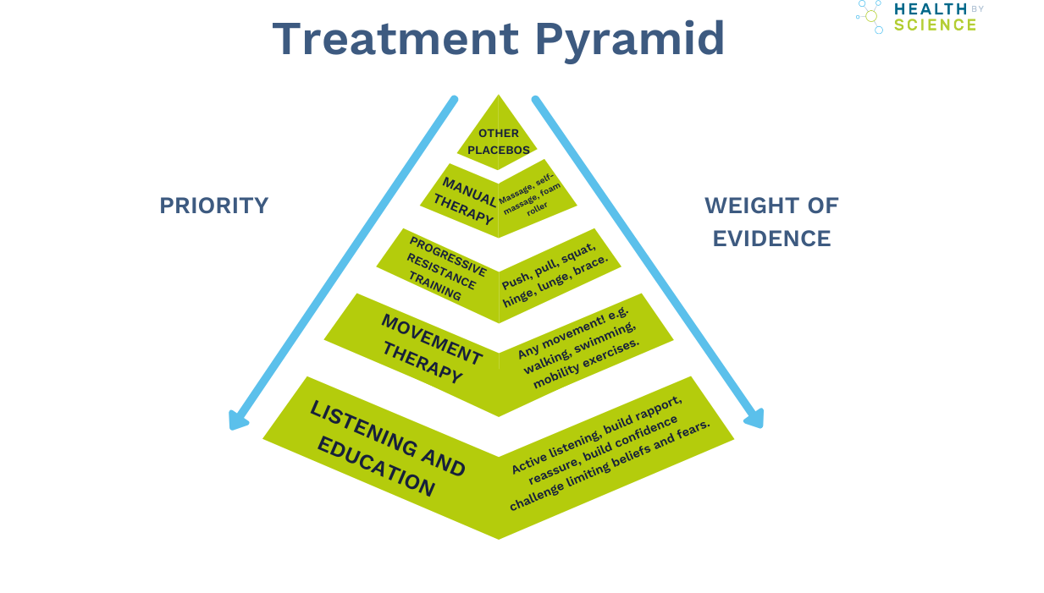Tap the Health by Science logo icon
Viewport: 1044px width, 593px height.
870,16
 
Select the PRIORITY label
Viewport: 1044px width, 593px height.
214,206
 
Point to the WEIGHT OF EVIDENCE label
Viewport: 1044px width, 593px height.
771,222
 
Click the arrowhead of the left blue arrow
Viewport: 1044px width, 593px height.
238,420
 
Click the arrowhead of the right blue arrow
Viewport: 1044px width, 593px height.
754,418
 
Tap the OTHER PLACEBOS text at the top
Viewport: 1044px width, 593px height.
500,141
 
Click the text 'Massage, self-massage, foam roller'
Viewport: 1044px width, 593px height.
531,194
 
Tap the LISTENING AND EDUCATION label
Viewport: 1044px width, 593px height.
387,448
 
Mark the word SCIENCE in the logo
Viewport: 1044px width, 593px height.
935,25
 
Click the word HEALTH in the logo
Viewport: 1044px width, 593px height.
930,8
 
